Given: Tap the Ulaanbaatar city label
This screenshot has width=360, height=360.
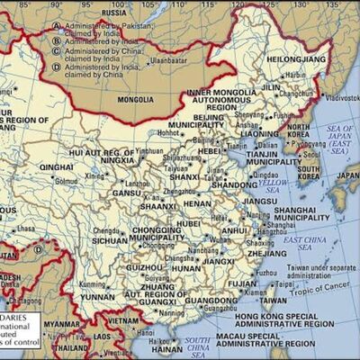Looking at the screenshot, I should coord(167,60).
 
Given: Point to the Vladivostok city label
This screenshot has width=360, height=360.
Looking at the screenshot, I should coord(337,96).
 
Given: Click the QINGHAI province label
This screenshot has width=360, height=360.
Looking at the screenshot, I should coord(56,166).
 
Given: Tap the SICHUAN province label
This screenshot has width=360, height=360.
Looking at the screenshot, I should coord(110,240).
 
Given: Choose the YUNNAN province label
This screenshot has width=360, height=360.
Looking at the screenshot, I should coord(99,295).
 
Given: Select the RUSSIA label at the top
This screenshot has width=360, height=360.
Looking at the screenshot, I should coord(114,13).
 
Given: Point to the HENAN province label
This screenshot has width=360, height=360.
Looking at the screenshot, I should coord(197,203).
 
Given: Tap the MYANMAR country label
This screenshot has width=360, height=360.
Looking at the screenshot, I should coord(60,323).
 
